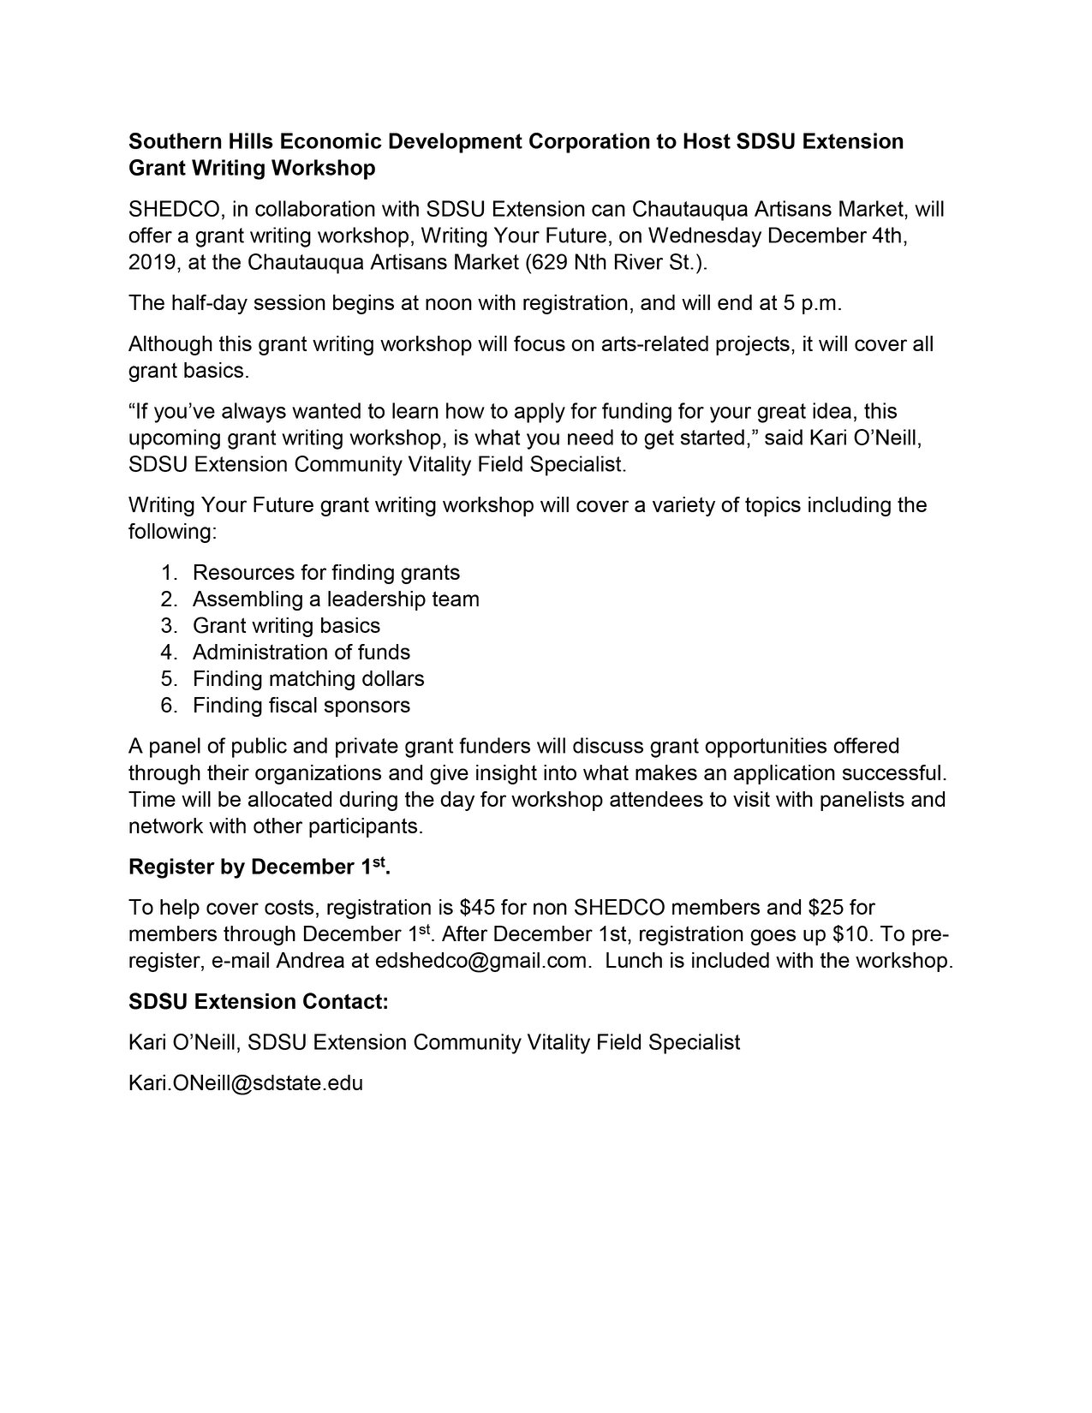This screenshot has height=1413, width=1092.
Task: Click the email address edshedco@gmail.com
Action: (x=482, y=960)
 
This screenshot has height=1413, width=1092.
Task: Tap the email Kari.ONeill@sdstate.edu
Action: (x=246, y=1082)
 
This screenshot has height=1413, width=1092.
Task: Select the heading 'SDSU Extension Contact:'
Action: (x=259, y=1001)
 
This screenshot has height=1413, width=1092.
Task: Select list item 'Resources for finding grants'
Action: (x=326, y=572)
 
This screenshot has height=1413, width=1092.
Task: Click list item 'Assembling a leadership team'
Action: (x=336, y=599)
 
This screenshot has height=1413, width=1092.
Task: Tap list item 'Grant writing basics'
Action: (x=286, y=625)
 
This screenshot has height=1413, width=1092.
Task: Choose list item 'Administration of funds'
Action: (x=301, y=652)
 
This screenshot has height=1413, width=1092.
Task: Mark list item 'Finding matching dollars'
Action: (x=308, y=678)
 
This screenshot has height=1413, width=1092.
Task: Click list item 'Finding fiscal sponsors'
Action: (x=301, y=705)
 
